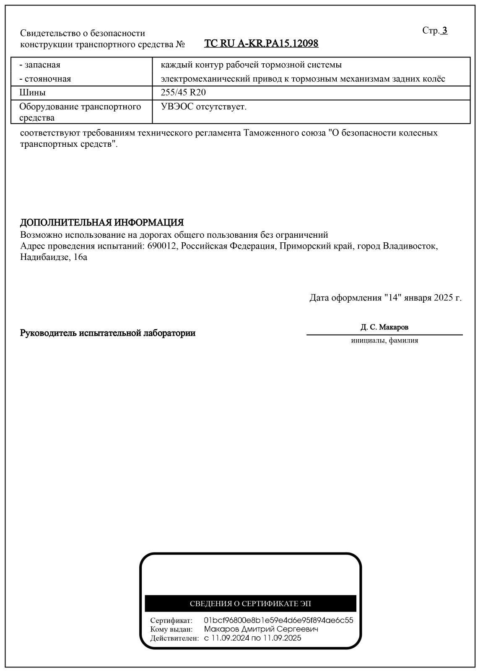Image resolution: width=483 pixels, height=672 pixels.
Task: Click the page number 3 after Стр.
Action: (445, 31)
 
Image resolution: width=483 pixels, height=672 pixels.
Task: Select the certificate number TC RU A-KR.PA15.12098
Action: (261, 44)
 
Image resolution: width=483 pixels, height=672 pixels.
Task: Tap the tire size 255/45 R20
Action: (183, 93)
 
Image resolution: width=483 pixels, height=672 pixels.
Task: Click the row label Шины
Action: (33, 93)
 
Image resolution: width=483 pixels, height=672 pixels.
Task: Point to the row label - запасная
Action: (40, 65)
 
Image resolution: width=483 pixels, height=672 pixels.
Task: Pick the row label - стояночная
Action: (45, 79)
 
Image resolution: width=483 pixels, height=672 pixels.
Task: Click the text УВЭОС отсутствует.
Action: (204, 107)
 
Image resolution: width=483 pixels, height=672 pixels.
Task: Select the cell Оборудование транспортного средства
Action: (80, 112)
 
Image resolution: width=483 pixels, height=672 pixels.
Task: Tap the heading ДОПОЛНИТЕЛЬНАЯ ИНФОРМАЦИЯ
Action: (102, 223)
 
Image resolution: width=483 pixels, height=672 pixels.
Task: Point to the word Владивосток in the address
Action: (410, 246)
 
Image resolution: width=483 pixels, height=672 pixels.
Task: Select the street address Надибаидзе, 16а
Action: (54, 257)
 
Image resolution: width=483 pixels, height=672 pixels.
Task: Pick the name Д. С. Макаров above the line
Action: (384, 327)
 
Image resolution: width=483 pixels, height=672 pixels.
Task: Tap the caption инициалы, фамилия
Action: (384, 340)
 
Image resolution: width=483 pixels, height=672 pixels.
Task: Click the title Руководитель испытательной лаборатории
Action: (108, 333)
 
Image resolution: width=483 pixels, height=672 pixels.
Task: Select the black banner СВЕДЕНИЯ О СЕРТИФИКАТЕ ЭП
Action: (250, 604)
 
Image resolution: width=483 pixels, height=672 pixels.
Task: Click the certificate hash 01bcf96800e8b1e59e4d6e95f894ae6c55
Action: (278, 620)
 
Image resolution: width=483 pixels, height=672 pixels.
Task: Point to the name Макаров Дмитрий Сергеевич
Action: (261, 629)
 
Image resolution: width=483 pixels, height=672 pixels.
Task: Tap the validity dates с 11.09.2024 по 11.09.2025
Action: (252, 638)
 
